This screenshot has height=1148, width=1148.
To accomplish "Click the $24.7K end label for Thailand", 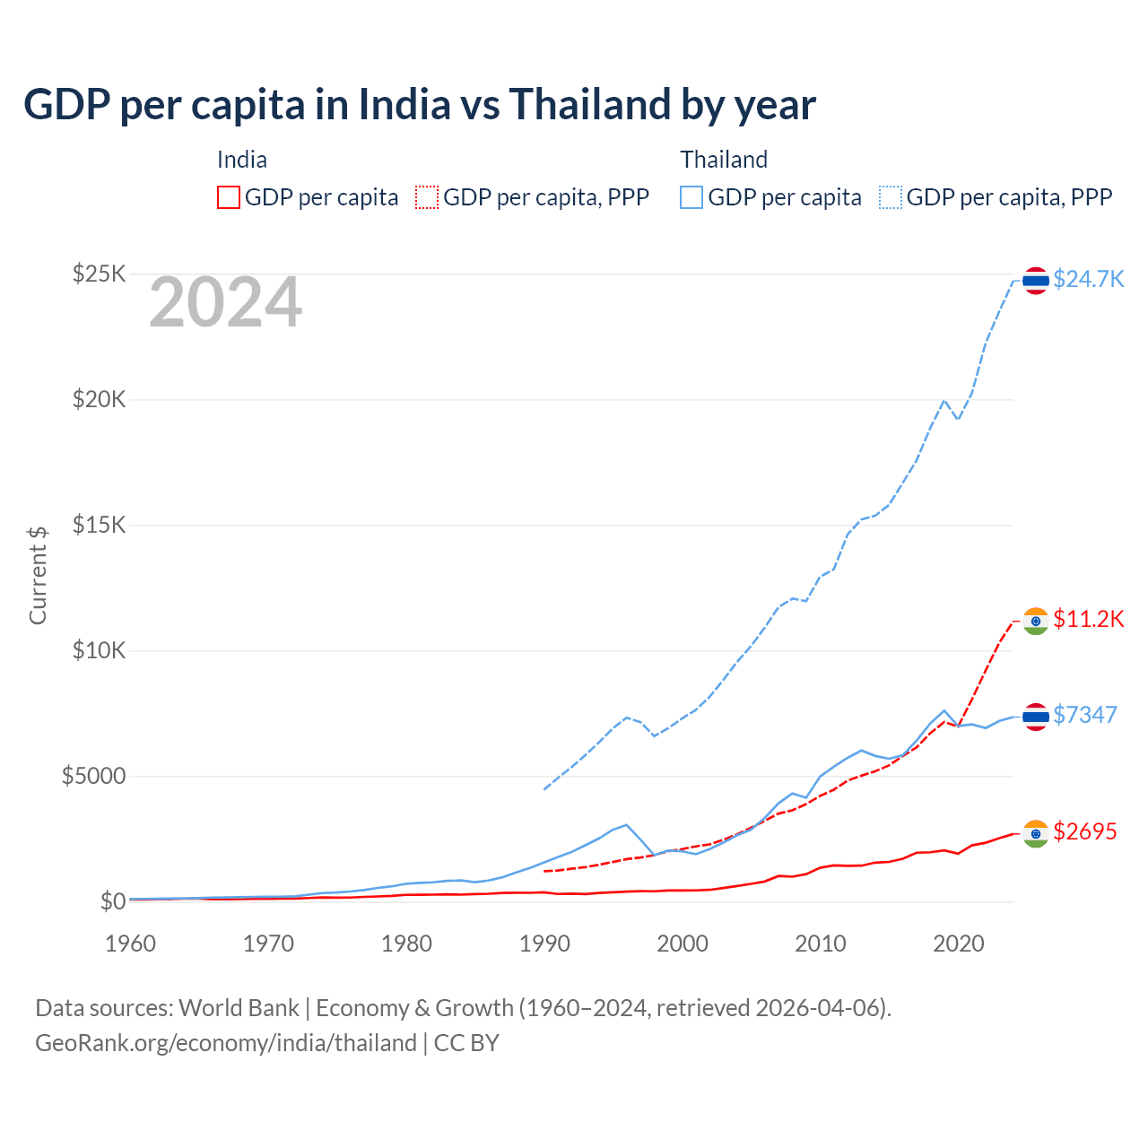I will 1088,279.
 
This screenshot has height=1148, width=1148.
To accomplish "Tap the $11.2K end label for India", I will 1088,619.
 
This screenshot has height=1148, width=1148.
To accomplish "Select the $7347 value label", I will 1084,715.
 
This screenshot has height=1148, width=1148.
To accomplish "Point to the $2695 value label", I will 1084,831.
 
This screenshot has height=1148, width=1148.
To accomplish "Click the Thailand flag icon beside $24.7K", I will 1036,281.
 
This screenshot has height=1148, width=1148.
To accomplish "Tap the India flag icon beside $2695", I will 1036,834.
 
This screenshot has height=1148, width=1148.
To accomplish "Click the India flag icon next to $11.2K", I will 1036,622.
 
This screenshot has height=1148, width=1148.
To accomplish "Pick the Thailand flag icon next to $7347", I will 1036,717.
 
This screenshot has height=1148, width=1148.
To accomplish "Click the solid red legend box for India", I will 229,197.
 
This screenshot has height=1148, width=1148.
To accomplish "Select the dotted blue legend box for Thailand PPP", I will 891,197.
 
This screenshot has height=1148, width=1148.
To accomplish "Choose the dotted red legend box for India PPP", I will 427,197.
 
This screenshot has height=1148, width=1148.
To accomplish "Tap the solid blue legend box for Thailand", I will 691,197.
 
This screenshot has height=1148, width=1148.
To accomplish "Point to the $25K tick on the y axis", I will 99,274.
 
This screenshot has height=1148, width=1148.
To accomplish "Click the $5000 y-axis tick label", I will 93,776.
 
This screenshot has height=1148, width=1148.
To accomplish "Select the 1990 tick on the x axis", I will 544,944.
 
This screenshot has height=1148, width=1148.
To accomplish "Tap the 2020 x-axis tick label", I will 959,944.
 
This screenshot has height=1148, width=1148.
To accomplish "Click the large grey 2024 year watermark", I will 225,302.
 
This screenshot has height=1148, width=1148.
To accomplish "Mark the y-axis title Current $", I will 38,575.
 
